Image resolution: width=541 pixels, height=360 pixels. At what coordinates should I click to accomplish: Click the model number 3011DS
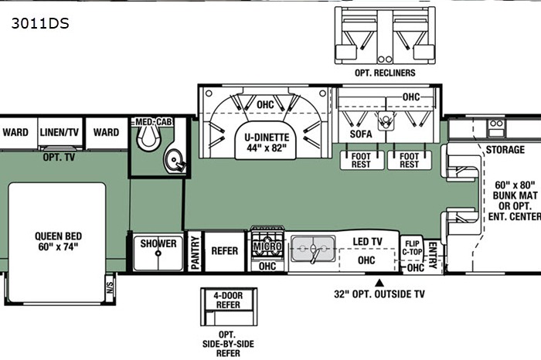point(40,23)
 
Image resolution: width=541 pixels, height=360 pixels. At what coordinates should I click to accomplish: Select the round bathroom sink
point(174,161)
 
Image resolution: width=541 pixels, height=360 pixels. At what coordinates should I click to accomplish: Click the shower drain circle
point(158,253)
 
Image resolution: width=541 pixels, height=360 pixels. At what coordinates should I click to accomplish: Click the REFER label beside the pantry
point(225,251)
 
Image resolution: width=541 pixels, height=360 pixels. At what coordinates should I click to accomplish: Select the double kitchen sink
point(313,249)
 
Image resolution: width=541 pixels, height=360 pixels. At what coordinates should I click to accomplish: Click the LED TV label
point(367,242)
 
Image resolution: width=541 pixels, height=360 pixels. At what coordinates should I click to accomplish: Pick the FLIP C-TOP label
point(412,248)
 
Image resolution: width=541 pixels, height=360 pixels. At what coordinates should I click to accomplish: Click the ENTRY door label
point(433,256)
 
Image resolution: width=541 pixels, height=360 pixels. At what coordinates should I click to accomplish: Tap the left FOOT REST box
point(362,161)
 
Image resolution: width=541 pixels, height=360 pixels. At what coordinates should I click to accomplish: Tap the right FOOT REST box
point(409,161)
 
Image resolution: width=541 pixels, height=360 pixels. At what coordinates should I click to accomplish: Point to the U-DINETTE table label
point(267,142)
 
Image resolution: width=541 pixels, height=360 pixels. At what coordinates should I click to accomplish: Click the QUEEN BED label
point(58,241)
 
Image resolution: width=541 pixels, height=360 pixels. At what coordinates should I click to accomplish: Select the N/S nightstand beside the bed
point(110,287)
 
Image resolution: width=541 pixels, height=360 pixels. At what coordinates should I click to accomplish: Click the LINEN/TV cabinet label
point(60,132)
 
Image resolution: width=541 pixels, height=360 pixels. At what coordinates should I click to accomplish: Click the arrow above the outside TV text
point(379,283)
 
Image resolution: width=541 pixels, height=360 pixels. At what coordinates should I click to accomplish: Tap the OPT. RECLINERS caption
point(385,73)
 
